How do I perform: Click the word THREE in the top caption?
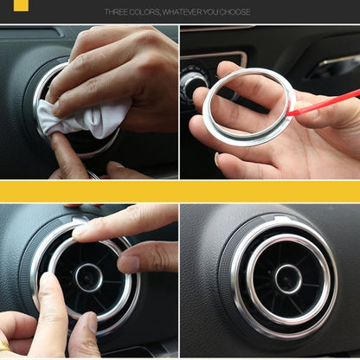(118, 12)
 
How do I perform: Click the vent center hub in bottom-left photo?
(87, 277)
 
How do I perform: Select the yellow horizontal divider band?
(180, 190)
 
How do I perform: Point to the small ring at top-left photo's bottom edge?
(93, 175)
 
